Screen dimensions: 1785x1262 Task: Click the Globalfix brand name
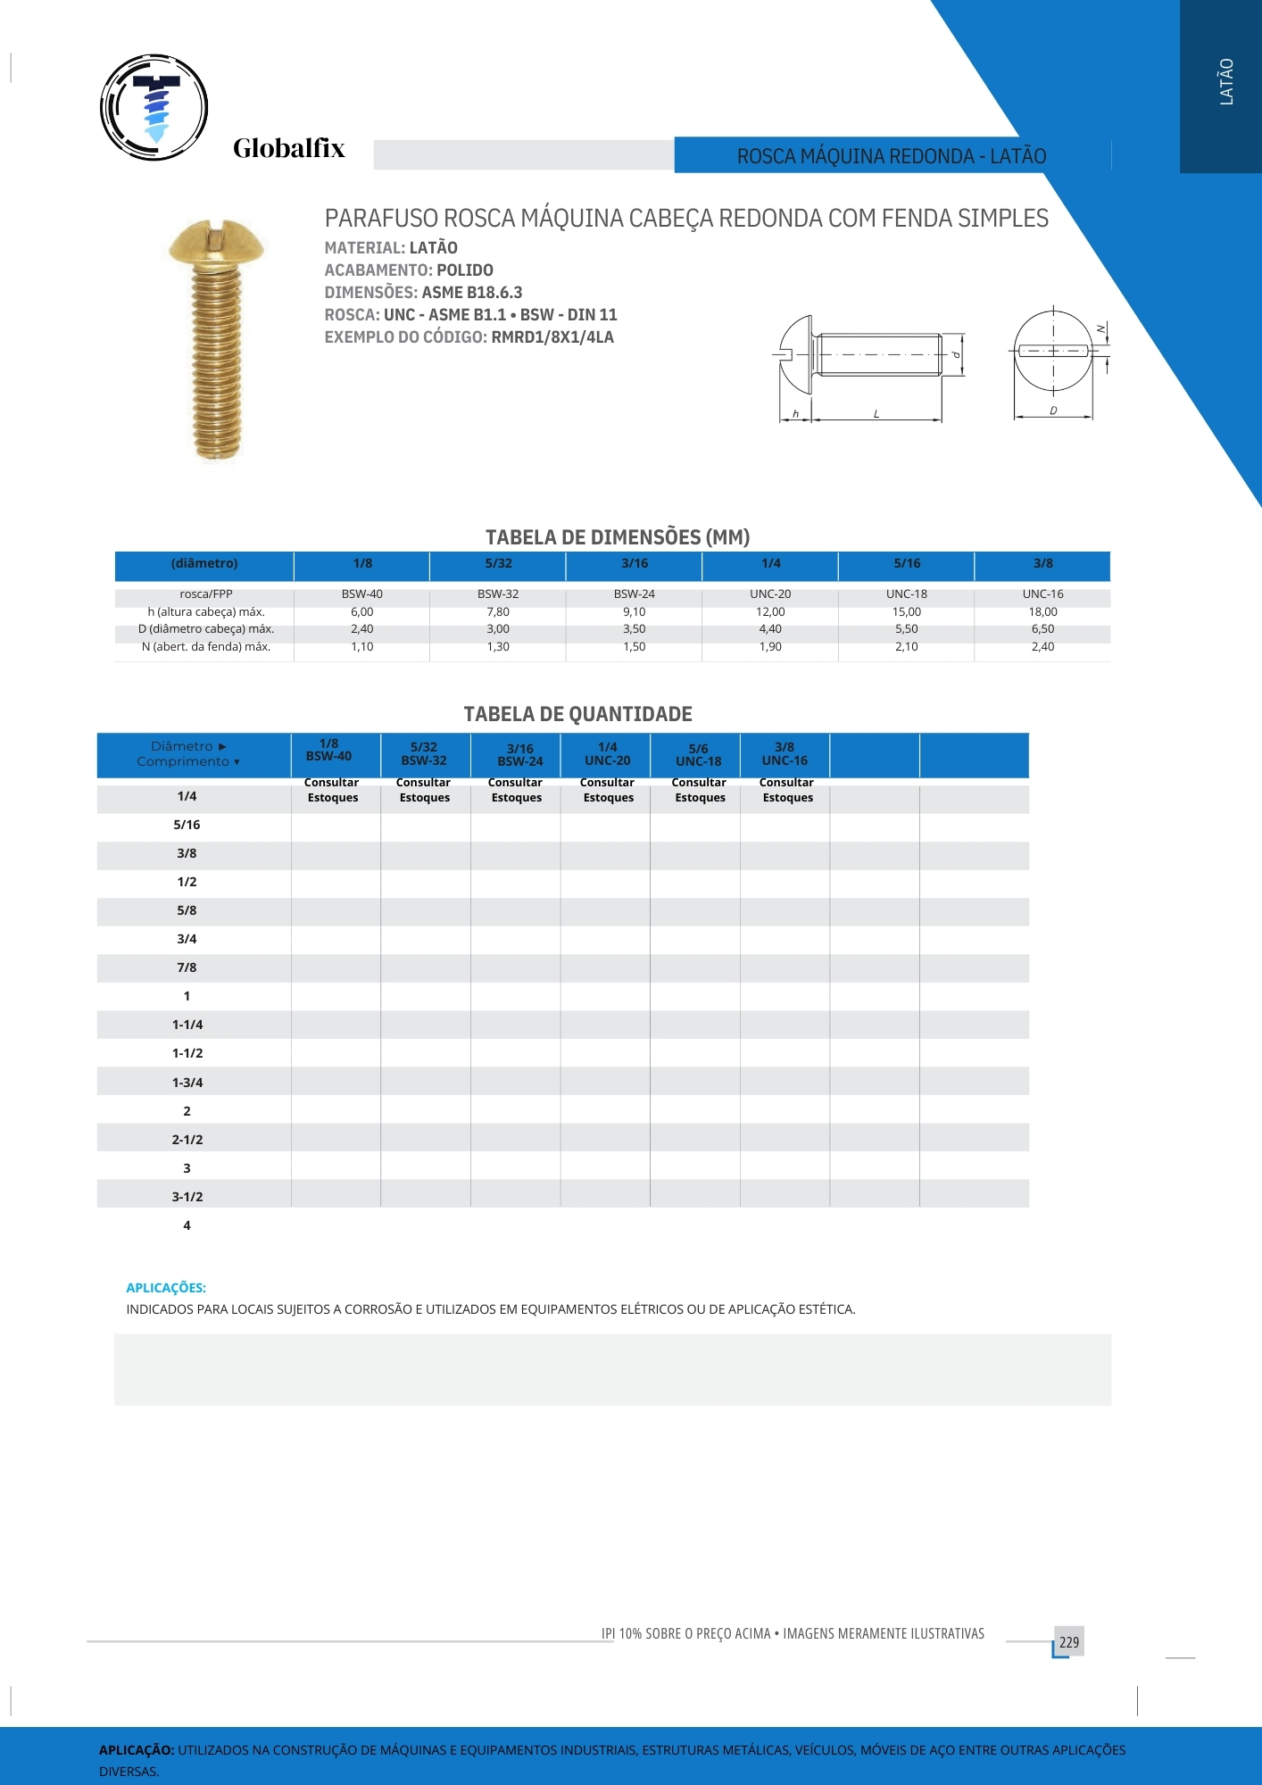click(288, 148)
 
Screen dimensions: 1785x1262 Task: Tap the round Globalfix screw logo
click(154, 107)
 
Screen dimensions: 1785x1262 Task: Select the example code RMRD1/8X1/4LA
click(552, 337)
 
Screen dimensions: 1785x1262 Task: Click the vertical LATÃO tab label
click(1226, 82)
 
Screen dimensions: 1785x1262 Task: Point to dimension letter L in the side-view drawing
click(876, 414)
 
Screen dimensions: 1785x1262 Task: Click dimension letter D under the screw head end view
click(1053, 411)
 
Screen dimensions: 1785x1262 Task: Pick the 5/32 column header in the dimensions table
click(498, 564)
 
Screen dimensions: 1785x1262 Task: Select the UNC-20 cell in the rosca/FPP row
click(770, 594)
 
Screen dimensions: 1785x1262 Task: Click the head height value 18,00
click(1042, 612)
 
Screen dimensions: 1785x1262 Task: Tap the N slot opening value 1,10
click(361, 647)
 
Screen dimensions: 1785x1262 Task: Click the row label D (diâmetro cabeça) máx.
click(206, 629)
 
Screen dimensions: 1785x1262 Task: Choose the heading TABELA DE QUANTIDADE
click(577, 714)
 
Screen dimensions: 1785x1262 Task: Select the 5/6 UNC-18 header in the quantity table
click(698, 755)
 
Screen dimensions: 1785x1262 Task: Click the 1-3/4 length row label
click(187, 1083)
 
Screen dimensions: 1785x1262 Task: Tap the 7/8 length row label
click(187, 967)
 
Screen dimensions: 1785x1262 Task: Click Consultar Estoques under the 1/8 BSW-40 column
click(332, 790)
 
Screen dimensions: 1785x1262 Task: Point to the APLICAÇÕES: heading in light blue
click(166, 1288)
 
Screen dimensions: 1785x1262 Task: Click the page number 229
click(1069, 1642)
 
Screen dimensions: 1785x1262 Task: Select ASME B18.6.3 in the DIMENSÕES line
click(472, 293)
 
